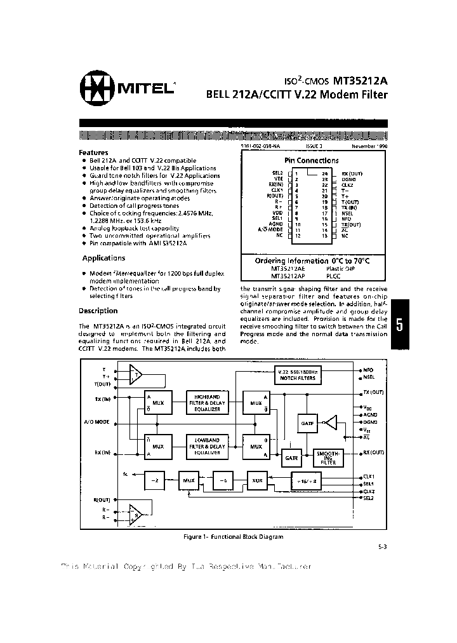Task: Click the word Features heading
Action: click(x=93, y=152)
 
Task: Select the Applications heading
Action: click(x=103, y=258)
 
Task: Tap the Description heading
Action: click(x=98, y=311)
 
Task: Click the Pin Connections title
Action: click(x=311, y=161)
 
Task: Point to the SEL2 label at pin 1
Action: click(x=278, y=172)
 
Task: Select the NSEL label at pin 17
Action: click(x=347, y=213)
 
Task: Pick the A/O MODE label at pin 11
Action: click(x=272, y=229)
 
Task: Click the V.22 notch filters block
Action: click(x=297, y=374)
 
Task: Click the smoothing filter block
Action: click(x=328, y=457)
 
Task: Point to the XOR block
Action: click(x=257, y=480)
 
